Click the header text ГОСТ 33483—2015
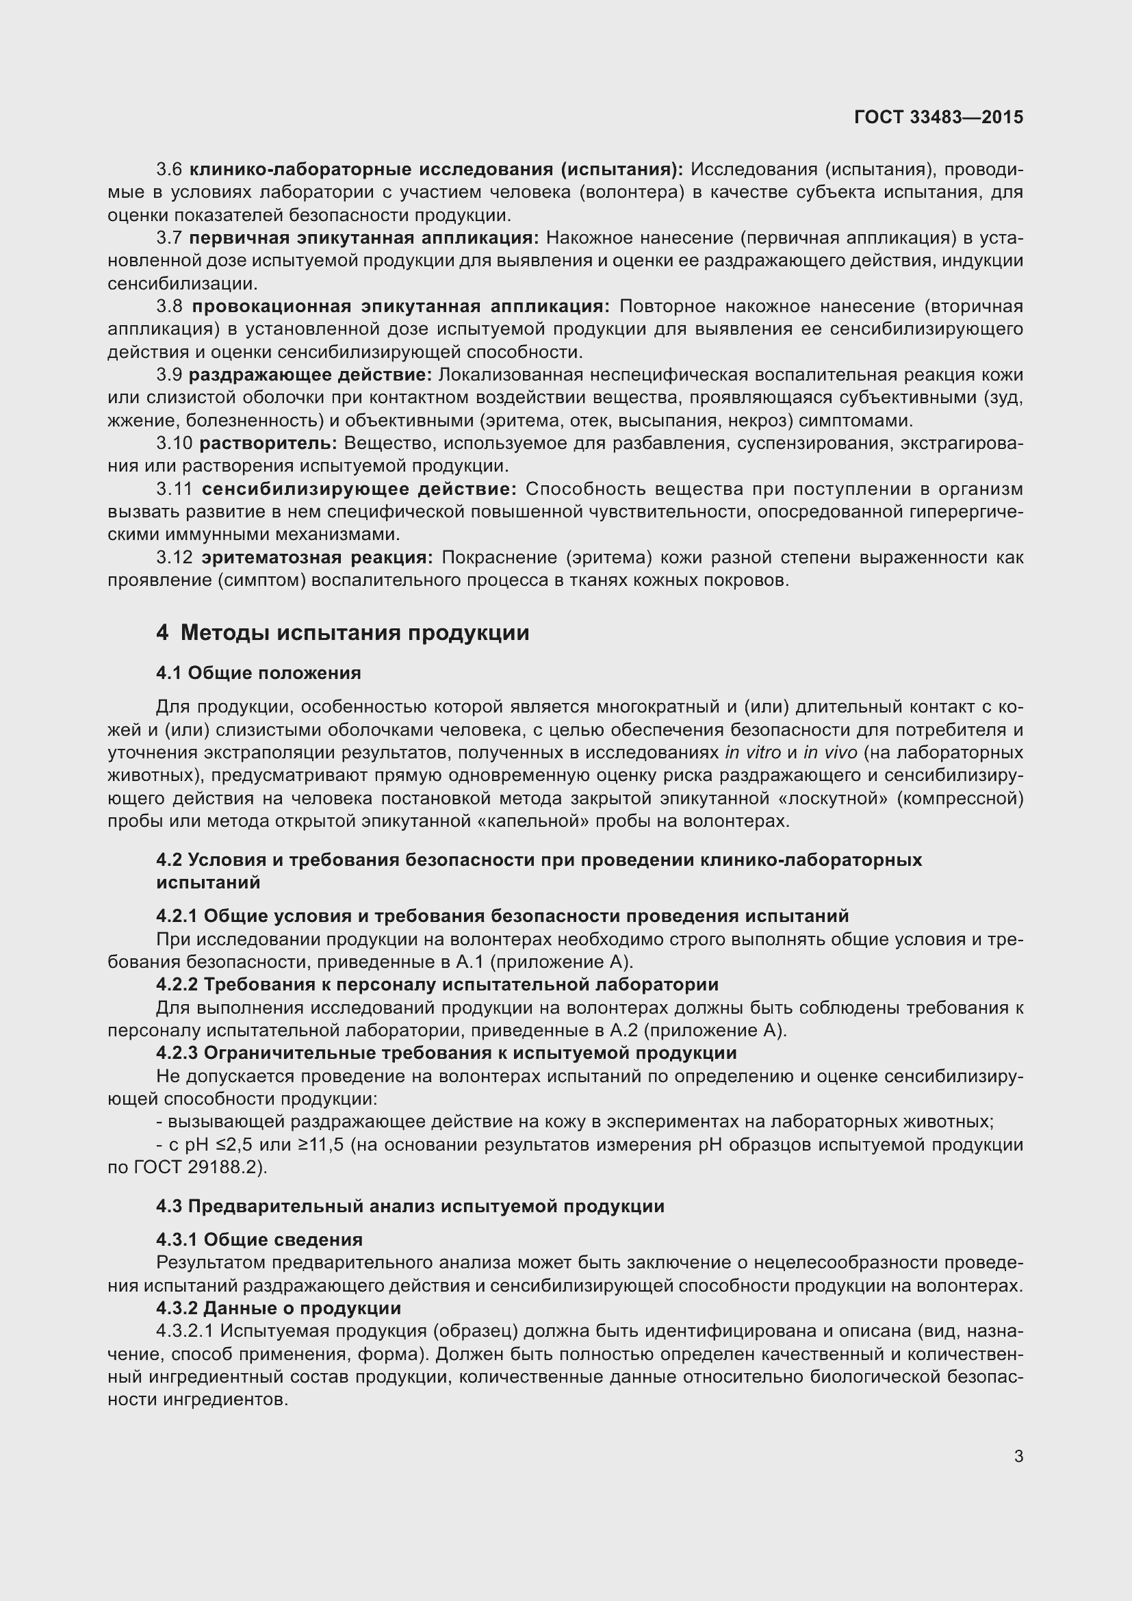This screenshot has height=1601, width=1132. (x=938, y=117)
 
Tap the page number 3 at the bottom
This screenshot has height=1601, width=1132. (x=1018, y=1456)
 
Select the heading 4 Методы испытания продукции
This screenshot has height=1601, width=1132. (x=342, y=632)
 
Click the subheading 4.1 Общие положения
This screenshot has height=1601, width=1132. (x=259, y=673)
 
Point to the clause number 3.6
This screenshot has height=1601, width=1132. (x=169, y=170)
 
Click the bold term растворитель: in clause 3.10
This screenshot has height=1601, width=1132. (x=268, y=444)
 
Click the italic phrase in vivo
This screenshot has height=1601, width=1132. (x=829, y=752)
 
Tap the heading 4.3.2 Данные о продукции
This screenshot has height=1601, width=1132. (x=278, y=1308)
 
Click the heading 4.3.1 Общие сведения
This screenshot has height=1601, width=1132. (x=259, y=1240)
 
